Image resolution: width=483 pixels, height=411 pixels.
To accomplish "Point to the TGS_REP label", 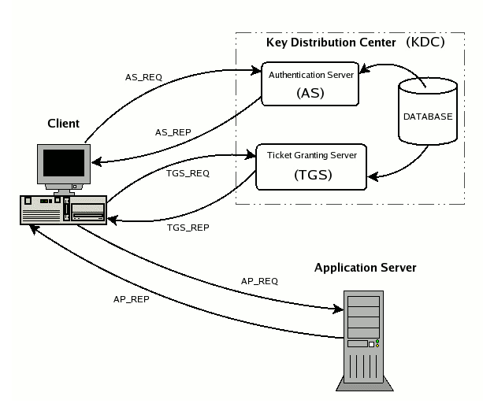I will (x=187, y=226).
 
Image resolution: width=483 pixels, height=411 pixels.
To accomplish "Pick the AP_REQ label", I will (x=259, y=281).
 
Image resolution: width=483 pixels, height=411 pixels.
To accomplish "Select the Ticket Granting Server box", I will (x=311, y=165).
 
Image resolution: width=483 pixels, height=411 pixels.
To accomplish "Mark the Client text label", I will (x=62, y=124).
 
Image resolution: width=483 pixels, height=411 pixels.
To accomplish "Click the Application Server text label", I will (x=365, y=268).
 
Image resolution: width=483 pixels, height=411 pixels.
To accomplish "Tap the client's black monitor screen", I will (x=62, y=162).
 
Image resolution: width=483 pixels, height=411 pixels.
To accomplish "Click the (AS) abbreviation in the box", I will (x=312, y=93).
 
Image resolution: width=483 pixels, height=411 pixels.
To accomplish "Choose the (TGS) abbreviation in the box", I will (x=312, y=176).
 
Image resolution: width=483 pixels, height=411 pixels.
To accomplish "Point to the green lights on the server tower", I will (x=377, y=342).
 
